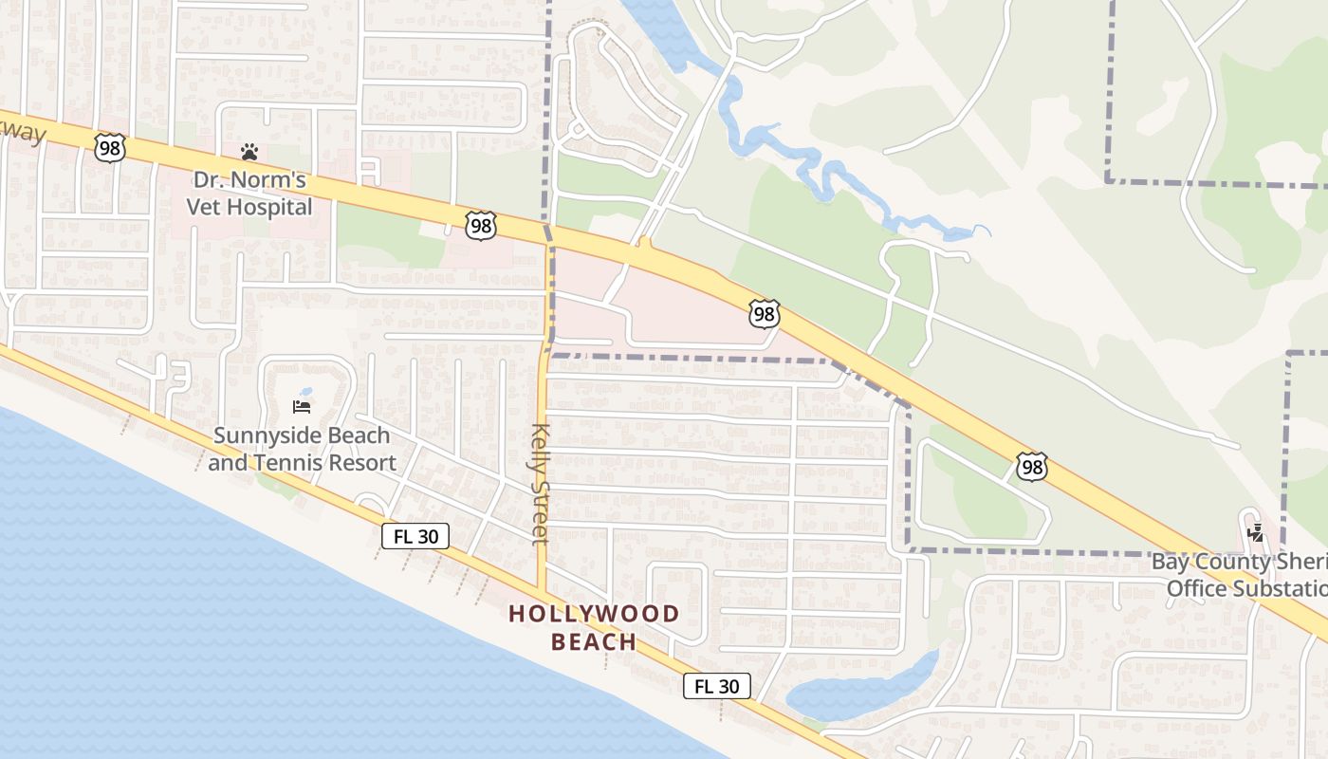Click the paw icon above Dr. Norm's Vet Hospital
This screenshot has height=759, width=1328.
(x=249, y=152)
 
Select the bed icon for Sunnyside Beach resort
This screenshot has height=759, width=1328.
(x=302, y=408)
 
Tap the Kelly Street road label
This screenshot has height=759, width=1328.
(x=541, y=484)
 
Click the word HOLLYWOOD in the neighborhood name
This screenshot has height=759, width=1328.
(x=594, y=614)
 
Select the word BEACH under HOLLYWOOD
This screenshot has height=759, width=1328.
(x=594, y=642)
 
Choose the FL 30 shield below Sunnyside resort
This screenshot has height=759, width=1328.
(x=415, y=536)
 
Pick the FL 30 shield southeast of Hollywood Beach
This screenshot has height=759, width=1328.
(x=717, y=686)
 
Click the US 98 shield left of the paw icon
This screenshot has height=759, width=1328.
(x=110, y=147)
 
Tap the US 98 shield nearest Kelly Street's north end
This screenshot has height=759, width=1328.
(x=480, y=226)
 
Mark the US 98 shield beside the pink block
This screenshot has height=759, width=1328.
(x=764, y=314)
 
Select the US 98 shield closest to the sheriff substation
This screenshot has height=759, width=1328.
(x=1032, y=466)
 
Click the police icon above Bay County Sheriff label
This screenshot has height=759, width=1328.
(x=1256, y=532)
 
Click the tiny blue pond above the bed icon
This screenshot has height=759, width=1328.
(x=305, y=392)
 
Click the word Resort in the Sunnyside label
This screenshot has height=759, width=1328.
(x=361, y=463)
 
